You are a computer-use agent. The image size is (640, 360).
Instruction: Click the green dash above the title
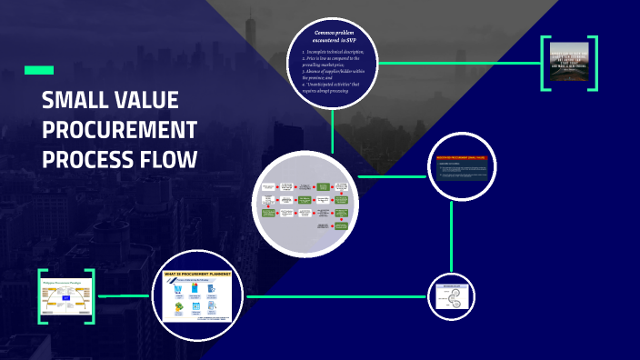tap(38, 70)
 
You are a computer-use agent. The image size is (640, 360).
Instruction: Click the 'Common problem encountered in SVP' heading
tap(332, 36)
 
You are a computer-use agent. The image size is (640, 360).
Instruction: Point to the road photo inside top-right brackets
tap(569, 63)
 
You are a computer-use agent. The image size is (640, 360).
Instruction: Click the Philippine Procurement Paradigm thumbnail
tap(65, 296)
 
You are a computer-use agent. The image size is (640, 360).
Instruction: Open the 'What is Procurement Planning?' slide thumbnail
tap(197, 296)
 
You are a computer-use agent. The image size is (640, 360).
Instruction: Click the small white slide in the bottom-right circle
tap(452, 297)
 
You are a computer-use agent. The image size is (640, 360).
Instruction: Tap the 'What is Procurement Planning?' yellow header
tap(196, 274)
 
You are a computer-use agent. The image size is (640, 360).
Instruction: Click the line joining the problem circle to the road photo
tap(459, 64)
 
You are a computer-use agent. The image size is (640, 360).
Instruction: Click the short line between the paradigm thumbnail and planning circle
tap(123, 296)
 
